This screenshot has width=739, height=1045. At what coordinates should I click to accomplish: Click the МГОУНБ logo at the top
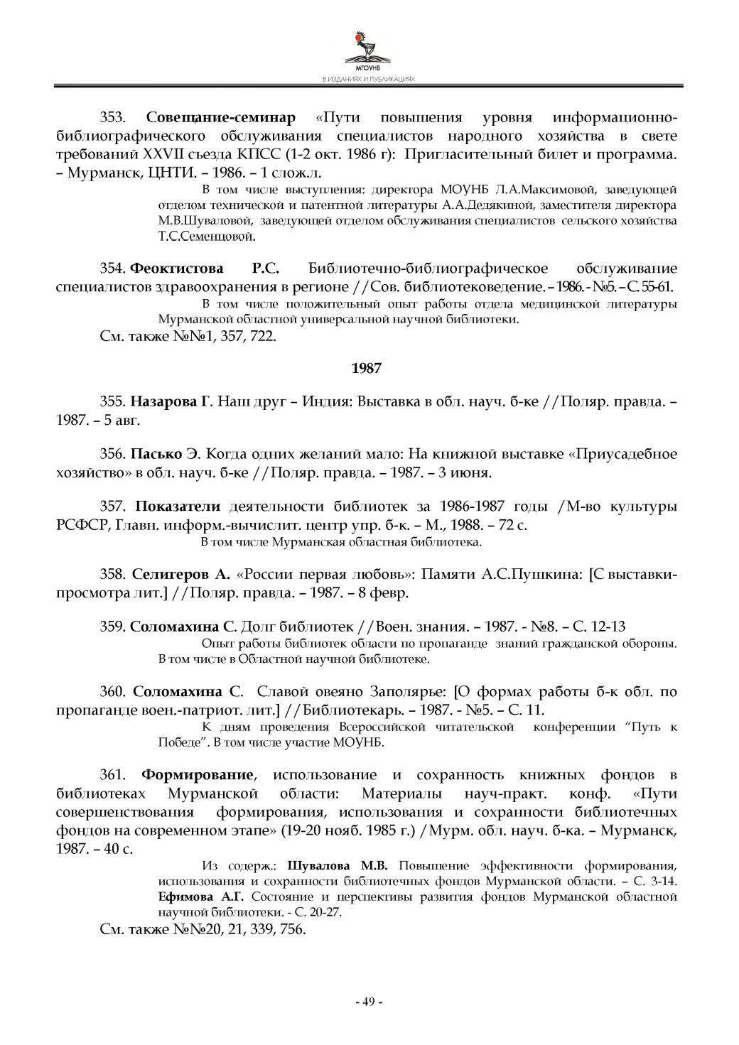tap(369, 50)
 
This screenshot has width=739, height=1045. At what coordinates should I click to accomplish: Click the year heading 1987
tap(367, 368)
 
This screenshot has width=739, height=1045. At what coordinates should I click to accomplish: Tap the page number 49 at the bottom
tap(369, 1002)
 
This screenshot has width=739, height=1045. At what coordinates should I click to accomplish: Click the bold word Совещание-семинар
tap(220, 117)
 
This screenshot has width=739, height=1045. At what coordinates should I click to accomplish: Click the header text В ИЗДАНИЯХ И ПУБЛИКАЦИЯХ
tap(369, 80)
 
